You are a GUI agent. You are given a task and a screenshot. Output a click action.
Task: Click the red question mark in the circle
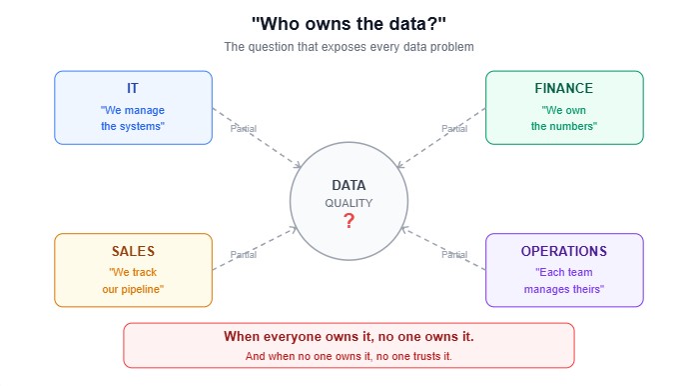pos(348,221)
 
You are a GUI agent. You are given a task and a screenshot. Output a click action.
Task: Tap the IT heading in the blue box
pos(133,88)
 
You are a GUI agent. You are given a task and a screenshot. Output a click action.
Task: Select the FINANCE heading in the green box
pos(564,88)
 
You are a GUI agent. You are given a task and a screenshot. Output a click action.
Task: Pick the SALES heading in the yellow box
pos(133,251)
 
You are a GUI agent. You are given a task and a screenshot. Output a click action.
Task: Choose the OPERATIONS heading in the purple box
pos(564,251)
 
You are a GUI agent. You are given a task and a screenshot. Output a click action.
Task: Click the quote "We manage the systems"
pos(133,118)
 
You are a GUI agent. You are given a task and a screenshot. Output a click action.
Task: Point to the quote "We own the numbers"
pos(564,118)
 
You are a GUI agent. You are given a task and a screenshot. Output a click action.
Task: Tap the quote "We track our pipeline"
pos(133,280)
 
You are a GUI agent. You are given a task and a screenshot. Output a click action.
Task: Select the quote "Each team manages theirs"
pos(564,280)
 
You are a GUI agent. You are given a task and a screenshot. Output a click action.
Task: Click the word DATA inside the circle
pos(348,185)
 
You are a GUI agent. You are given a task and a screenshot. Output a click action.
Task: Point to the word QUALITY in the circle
pos(348,203)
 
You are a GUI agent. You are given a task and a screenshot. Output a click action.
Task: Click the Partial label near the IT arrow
pos(244,128)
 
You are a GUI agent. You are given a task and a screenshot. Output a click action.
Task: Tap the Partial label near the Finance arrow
pos(454,128)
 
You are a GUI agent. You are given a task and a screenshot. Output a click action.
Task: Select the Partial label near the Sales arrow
pos(244,254)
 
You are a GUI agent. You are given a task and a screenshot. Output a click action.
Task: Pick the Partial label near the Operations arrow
pos(454,254)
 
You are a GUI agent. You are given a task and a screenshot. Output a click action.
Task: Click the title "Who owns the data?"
pos(348,23)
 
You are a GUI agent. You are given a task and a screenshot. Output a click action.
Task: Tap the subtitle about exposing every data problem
pos(348,47)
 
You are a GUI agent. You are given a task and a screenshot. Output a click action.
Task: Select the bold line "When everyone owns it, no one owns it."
pos(348,337)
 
